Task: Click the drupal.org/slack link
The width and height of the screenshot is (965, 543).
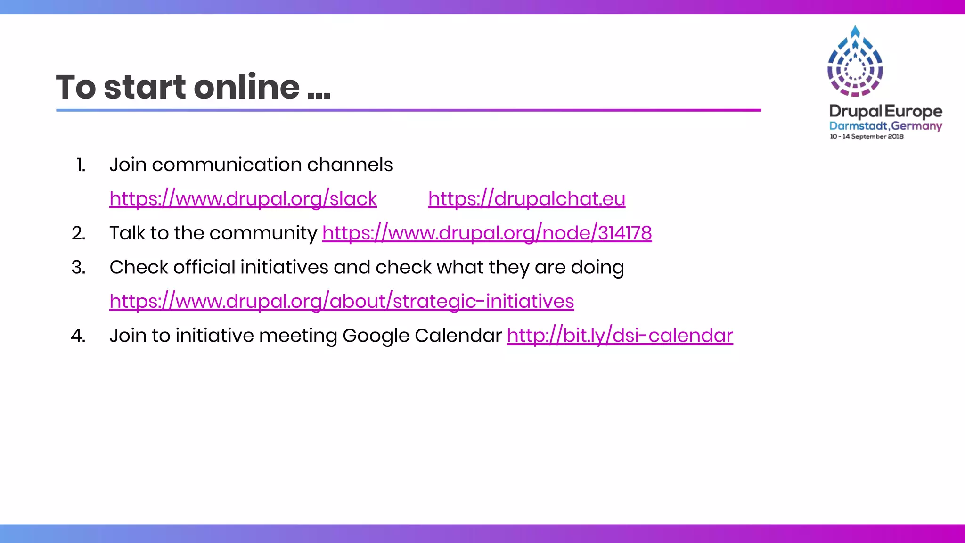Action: click(243, 199)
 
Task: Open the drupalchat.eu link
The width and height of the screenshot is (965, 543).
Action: click(526, 199)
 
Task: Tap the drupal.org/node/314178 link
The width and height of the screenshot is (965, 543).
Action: click(487, 233)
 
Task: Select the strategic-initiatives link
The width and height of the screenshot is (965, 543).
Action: click(342, 302)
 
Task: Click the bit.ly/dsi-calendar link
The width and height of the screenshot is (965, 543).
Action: click(620, 336)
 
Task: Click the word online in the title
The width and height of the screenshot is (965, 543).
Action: click(246, 87)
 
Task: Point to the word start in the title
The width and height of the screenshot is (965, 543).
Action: click(145, 88)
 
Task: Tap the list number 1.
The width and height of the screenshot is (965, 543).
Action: click(81, 165)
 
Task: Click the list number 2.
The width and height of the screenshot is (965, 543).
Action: click(79, 233)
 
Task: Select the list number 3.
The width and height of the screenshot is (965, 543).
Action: click(79, 267)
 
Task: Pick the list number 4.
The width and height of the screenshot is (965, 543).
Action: click(78, 336)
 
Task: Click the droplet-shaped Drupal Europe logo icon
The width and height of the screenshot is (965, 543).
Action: click(855, 61)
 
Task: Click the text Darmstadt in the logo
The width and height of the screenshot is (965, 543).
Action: click(858, 126)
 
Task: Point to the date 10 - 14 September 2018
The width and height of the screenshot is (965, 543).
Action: click(867, 136)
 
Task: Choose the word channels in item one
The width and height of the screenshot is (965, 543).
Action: click(350, 165)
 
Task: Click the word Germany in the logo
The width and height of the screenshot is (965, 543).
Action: click(916, 126)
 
